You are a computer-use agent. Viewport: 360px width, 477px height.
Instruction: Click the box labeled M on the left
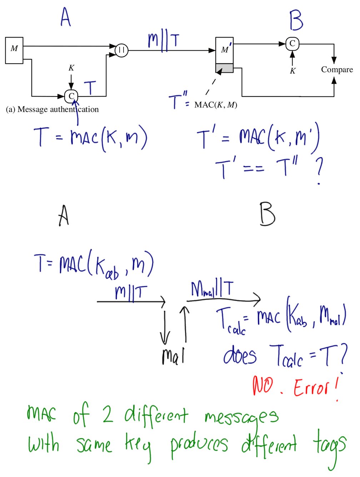(14, 50)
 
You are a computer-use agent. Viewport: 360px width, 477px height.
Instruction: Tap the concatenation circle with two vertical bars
(121, 50)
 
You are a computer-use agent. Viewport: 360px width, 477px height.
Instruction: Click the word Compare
(336, 70)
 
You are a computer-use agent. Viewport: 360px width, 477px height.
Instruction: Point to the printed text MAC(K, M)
(216, 105)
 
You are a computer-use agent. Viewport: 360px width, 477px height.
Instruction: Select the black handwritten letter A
(64, 216)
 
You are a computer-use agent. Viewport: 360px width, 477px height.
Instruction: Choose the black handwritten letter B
(267, 215)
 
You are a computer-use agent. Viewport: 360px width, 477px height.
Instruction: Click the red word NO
(263, 386)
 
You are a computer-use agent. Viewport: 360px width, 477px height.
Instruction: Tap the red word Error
(311, 388)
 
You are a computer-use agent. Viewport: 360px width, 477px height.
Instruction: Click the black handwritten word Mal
(173, 356)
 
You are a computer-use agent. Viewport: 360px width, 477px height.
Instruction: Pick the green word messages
(241, 418)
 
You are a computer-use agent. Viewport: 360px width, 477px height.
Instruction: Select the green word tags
(329, 446)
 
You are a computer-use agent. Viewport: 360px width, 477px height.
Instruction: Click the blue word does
(240, 356)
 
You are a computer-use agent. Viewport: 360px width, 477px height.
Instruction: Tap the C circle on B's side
(292, 44)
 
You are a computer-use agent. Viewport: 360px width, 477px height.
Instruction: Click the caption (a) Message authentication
(52, 109)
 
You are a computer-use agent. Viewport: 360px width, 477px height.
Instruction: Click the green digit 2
(107, 415)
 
